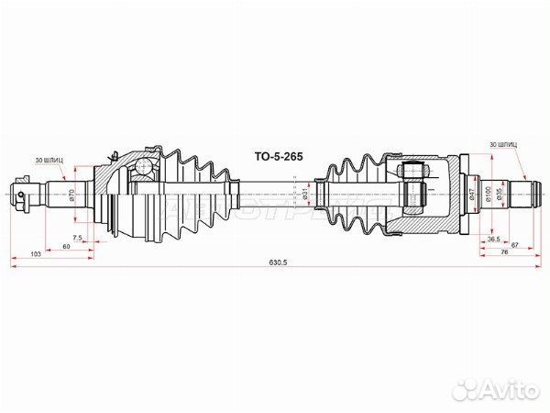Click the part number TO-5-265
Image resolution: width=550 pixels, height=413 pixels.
(277, 156)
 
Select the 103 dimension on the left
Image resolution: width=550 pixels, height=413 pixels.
(35, 251)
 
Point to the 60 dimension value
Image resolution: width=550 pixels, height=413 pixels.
(66, 246)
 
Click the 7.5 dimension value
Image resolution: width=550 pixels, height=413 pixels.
(78, 238)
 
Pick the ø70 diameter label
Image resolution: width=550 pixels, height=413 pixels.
(72, 195)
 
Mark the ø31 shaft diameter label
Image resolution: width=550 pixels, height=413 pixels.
(304, 195)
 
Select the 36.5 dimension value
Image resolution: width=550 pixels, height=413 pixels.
(493, 238)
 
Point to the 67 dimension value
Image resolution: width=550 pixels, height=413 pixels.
(517, 245)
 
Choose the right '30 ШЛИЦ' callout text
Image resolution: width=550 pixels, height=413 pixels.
(503, 145)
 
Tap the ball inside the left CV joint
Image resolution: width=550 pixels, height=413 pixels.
(143, 166)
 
